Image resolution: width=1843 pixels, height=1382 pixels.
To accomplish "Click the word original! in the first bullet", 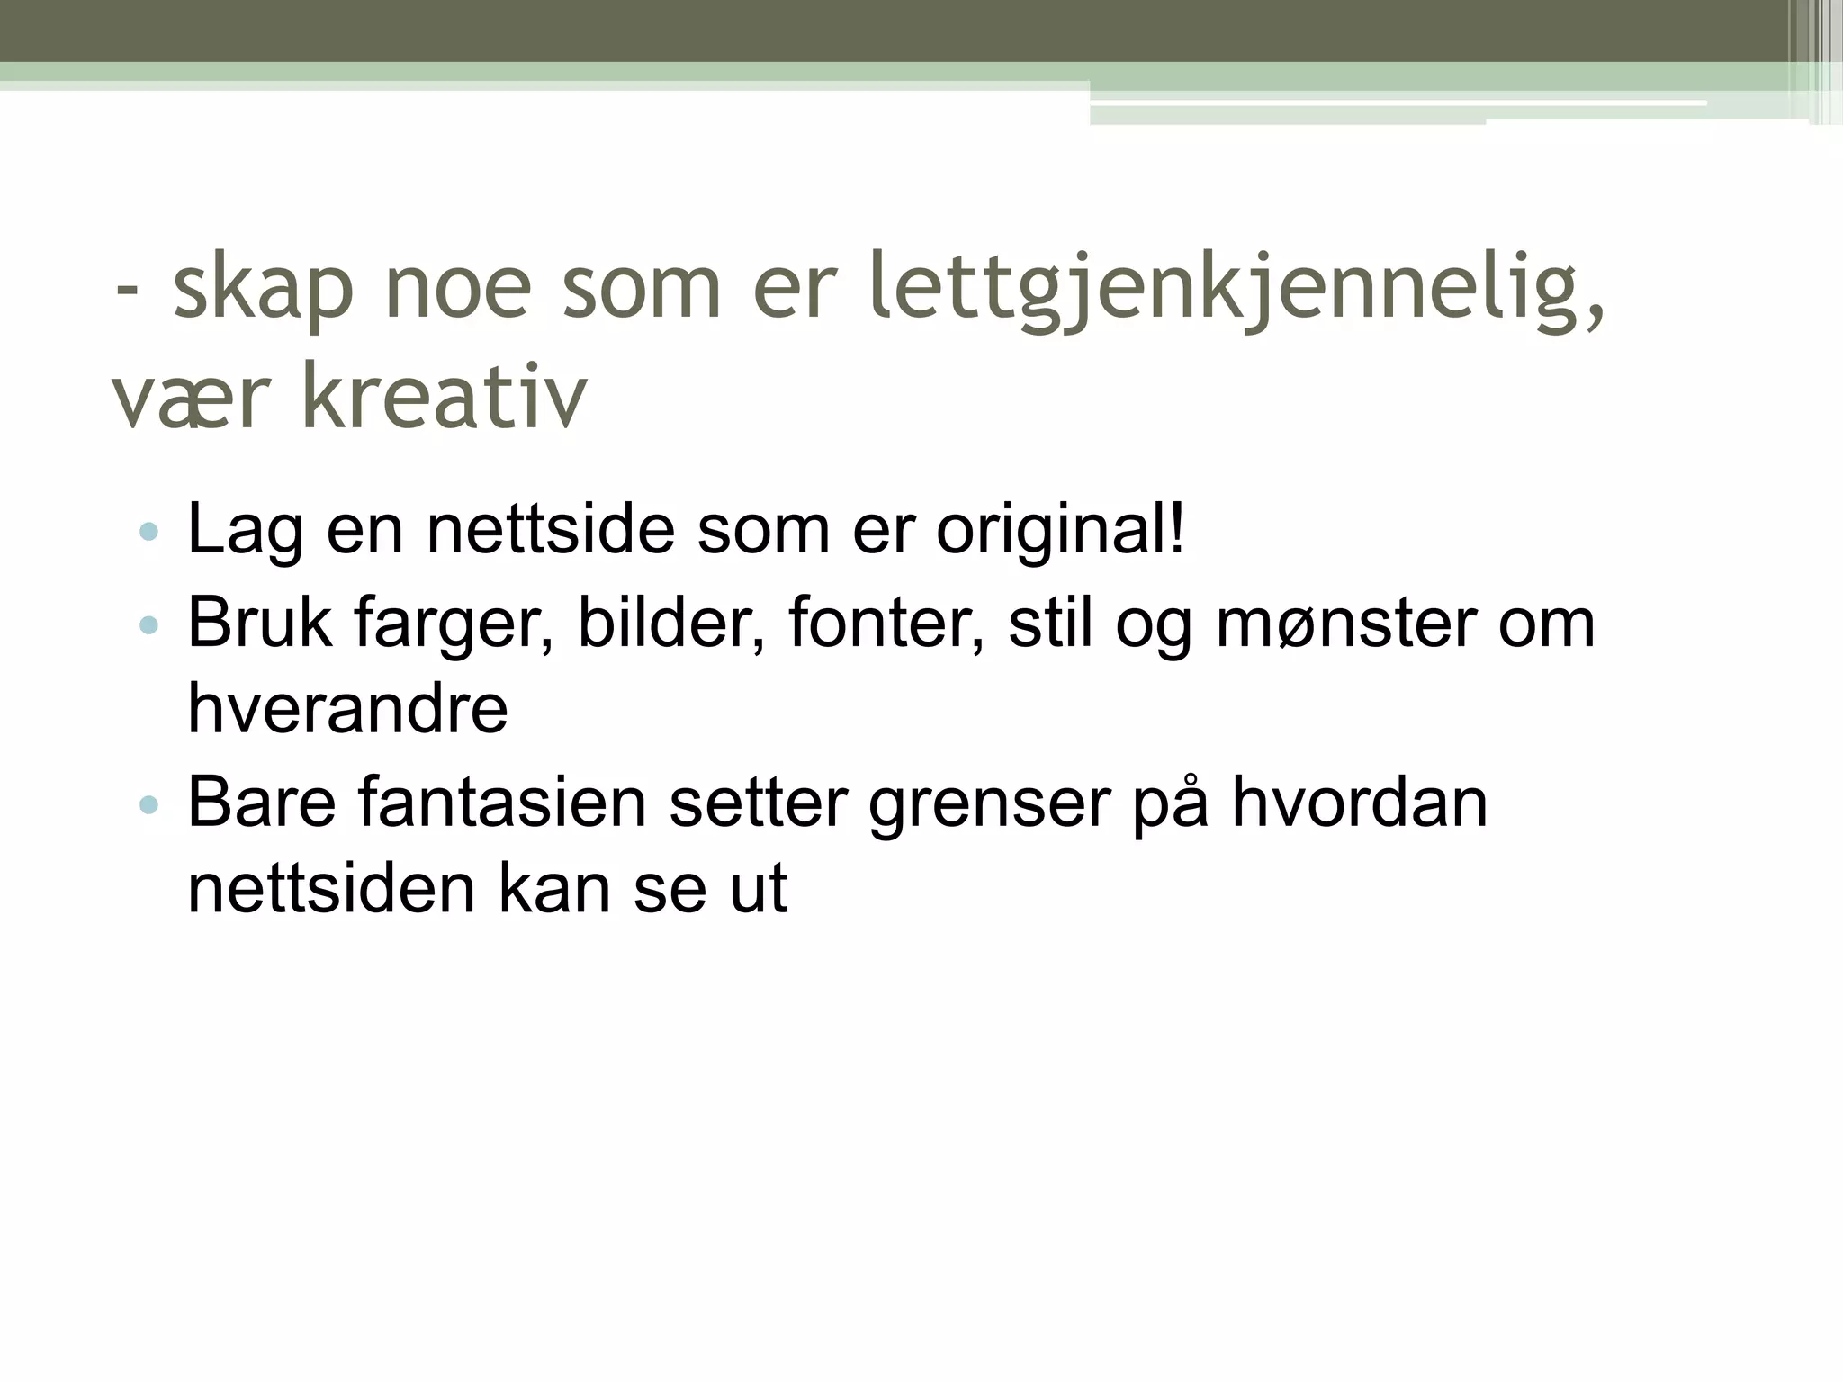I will click(x=1061, y=531).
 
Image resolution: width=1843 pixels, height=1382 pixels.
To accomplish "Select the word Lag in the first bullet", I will click(x=244, y=531).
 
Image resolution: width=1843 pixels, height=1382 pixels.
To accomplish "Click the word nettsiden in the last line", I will click(x=330, y=889).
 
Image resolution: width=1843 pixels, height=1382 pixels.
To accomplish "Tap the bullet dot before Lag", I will click(x=149, y=532).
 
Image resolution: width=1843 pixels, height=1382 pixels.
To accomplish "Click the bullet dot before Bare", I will click(x=149, y=804).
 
